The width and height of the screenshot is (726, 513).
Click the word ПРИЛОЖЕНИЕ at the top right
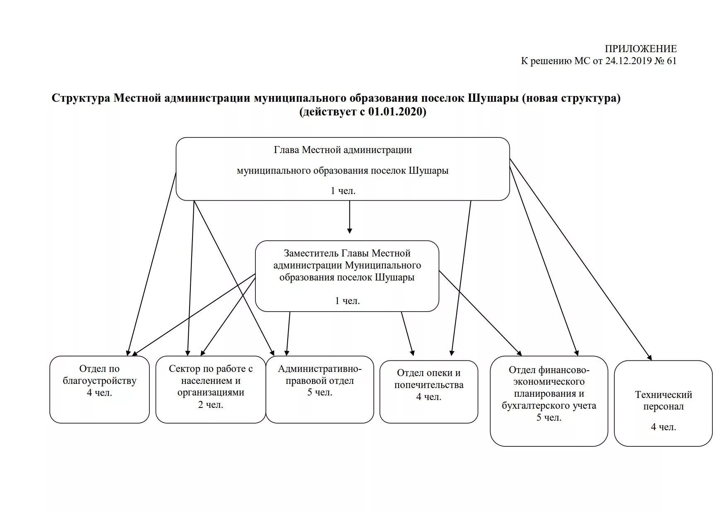click(x=640, y=49)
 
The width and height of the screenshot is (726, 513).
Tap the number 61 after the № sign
click(x=671, y=61)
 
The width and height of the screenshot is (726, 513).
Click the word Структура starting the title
click(x=81, y=98)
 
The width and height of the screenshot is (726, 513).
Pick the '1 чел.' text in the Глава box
click(x=343, y=191)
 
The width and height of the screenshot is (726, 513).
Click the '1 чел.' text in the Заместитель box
click(x=347, y=301)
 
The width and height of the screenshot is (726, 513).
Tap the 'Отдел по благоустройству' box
click(x=99, y=389)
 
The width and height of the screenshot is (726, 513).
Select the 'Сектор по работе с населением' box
click(x=210, y=389)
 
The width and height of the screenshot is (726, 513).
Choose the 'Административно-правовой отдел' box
click(x=320, y=389)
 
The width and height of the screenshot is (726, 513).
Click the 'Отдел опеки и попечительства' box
click(x=428, y=391)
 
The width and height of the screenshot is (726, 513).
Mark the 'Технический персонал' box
click(x=663, y=403)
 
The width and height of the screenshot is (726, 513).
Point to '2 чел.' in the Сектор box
click(x=210, y=405)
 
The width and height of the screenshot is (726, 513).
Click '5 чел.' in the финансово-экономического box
click(x=549, y=418)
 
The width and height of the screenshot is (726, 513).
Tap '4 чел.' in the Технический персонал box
click(x=663, y=427)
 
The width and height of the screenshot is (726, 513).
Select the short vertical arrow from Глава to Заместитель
click(x=349, y=217)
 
